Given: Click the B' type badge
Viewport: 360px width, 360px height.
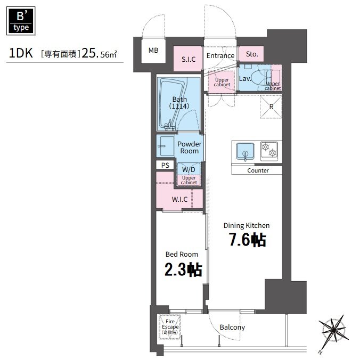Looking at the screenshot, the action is (21, 21).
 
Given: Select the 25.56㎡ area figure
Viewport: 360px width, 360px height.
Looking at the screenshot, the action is (99, 53).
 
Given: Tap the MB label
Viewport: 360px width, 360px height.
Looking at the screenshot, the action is (153, 50).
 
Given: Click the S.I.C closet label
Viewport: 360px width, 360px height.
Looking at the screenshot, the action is (189, 60).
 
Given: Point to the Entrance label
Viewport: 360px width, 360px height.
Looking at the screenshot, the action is (220, 56).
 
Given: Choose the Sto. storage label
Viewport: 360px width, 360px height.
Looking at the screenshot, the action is (252, 54).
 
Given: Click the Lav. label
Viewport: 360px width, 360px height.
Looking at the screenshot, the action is (245, 79).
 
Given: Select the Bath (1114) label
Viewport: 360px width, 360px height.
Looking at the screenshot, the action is (179, 103).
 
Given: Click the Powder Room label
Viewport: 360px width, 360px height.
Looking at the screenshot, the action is (190, 148).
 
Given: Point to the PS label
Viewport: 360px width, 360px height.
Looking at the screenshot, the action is (165, 165).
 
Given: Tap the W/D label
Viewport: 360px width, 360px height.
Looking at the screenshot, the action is (189, 170).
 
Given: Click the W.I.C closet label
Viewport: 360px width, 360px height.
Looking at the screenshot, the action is (179, 199).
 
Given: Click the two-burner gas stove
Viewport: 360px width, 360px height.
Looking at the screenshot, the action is (269, 150).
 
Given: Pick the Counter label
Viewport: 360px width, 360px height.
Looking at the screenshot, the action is (258, 170).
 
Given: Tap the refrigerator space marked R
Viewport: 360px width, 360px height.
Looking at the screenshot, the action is (271, 107).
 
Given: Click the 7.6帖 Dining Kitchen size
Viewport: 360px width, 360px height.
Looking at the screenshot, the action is (248, 240).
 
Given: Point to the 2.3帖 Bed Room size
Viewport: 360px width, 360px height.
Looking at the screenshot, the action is (183, 269).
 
